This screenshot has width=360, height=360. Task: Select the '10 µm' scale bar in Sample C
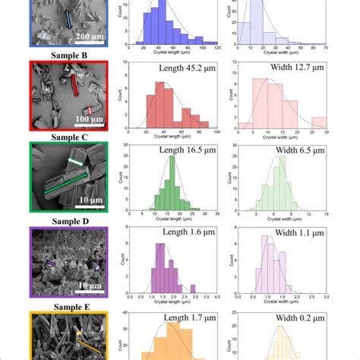coord(90,203)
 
